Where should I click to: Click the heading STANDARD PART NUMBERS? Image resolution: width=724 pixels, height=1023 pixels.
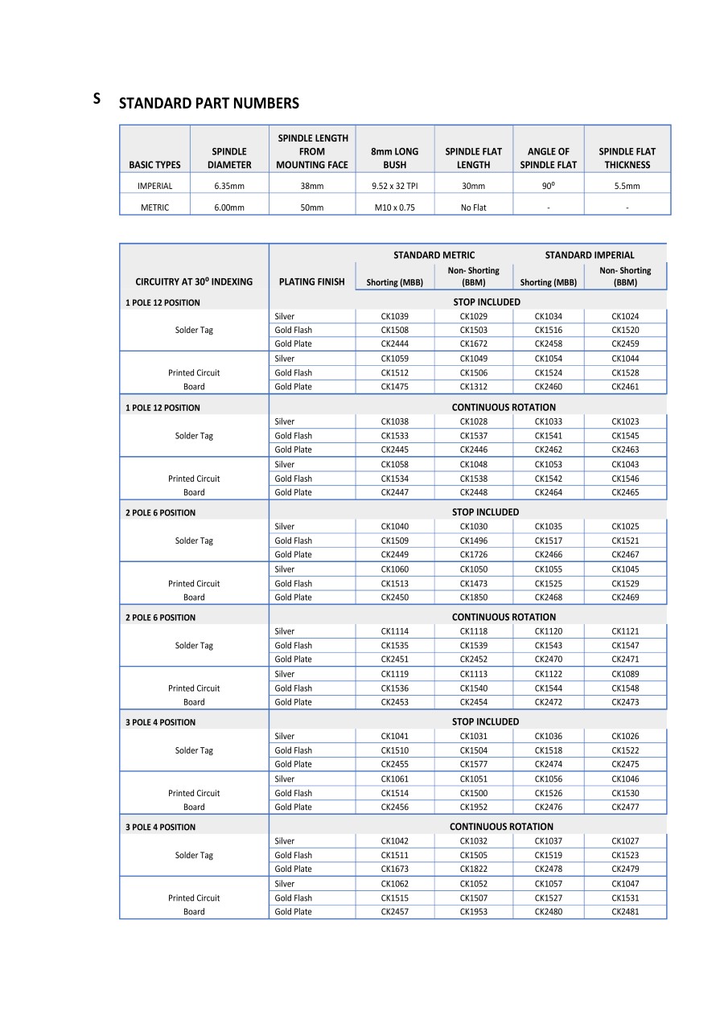pos(208,103)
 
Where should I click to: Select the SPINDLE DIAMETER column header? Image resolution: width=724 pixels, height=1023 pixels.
pos(229,158)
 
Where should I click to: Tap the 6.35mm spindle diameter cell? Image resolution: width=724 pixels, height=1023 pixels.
pos(229,186)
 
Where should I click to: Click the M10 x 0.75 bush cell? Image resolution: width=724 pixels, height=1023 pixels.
pos(394,207)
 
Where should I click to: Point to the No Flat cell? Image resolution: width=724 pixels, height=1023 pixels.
pos(473,207)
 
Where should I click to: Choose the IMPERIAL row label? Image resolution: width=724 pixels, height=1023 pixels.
pos(154,186)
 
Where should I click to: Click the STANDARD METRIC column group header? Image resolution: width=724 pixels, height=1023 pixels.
pos(434,255)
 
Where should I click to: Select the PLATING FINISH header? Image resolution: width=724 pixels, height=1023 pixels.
pos(311,281)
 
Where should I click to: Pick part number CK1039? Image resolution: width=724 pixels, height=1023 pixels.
pos(394,316)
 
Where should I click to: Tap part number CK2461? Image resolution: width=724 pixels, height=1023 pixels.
pos(625,387)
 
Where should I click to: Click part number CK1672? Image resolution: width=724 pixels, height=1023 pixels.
pos(473,344)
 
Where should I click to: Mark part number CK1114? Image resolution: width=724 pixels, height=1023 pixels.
pos(394,631)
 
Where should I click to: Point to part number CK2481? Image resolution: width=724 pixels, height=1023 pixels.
pos(625,912)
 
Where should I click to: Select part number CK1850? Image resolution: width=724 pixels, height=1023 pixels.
pos(473,598)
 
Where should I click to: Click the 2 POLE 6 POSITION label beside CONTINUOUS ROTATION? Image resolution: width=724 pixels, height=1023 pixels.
pos(160,618)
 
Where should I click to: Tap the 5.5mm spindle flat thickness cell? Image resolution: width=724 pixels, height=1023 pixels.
pos(627,186)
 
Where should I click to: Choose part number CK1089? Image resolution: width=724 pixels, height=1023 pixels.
pos(625,674)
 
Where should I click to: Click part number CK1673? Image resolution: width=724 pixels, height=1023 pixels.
pos(394,869)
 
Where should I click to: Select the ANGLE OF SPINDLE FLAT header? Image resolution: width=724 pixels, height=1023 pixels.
pos(548,158)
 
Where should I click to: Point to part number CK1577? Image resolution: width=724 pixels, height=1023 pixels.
pos(473,765)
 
